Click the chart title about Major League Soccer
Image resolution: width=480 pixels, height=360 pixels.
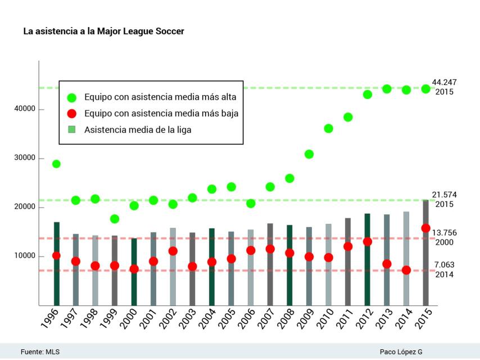point(103,31)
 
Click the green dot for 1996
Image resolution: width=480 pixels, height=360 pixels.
point(56,164)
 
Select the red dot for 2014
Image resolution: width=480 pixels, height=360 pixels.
point(406,270)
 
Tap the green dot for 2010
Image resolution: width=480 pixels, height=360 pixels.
point(328,129)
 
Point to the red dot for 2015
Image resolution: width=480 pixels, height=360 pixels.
point(425,228)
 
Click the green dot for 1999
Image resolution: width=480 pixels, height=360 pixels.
point(115,219)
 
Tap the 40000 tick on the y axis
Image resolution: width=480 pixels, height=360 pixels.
point(25,109)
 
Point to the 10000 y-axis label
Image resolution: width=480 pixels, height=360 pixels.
point(25,256)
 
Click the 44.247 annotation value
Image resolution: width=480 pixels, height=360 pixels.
point(444,83)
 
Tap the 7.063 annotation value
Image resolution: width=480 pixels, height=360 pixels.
point(443,265)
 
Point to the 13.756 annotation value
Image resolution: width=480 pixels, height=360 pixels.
point(444,233)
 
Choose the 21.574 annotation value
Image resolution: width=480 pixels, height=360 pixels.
point(444,195)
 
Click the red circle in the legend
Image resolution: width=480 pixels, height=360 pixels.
point(71,114)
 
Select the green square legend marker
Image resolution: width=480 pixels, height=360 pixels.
point(71,129)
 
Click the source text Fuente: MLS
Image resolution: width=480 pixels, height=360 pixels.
point(40,352)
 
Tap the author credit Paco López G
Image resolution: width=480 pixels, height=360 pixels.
point(401,352)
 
